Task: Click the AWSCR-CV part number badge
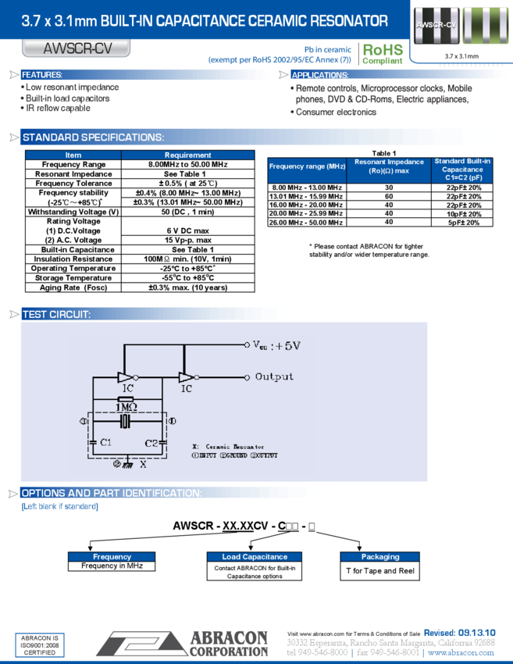click(x=77, y=49)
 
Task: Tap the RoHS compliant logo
click(x=383, y=53)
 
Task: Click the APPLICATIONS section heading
click(x=320, y=75)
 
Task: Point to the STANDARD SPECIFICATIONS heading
click(x=93, y=137)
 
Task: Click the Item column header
click(x=73, y=155)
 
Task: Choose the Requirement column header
click(x=187, y=155)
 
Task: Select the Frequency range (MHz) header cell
click(x=307, y=167)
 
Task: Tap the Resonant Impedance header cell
click(x=389, y=166)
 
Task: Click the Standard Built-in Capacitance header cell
click(x=462, y=170)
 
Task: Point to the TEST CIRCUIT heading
click(x=56, y=314)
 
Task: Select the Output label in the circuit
click(x=274, y=377)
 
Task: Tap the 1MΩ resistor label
click(x=126, y=407)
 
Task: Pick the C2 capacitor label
click(x=151, y=443)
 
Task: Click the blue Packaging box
click(x=380, y=557)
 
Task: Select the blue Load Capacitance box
click(x=255, y=557)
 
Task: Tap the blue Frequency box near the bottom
click(x=112, y=557)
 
